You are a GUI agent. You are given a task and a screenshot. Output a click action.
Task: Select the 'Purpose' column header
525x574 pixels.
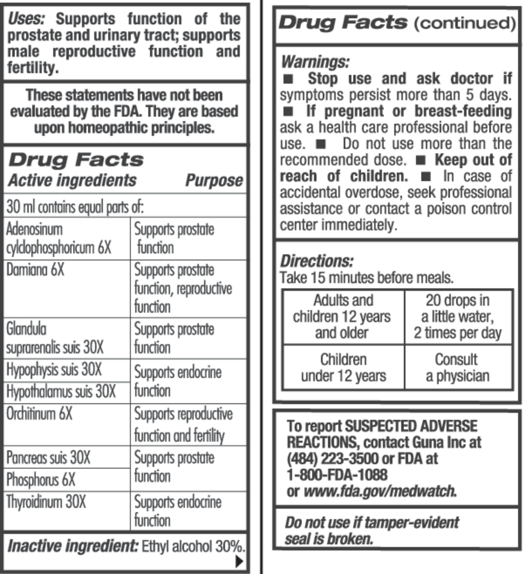[214, 180]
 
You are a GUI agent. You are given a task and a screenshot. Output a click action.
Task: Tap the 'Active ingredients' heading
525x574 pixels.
[72, 180]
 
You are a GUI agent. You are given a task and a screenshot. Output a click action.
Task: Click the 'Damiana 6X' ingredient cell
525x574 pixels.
[35, 269]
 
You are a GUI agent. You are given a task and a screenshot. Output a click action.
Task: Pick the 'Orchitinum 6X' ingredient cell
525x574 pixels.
[40, 414]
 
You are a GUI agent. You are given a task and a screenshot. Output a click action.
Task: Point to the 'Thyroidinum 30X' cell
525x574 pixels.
[46, 502]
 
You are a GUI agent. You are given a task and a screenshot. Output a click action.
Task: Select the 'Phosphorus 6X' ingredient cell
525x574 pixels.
[41, 479]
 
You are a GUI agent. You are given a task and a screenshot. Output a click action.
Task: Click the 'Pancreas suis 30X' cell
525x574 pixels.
[48, 457]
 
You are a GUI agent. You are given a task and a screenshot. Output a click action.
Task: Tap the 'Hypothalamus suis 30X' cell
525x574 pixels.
[61, 391]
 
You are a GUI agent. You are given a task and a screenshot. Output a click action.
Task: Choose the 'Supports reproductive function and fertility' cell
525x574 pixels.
[183, 425]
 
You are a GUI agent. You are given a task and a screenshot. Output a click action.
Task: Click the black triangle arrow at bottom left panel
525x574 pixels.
[240, 561]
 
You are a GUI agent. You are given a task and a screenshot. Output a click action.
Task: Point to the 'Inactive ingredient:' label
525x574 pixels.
[72, 545]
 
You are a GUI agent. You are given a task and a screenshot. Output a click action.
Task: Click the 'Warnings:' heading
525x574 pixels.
[315, 61]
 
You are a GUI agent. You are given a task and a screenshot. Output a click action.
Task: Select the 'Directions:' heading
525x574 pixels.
[316, 261]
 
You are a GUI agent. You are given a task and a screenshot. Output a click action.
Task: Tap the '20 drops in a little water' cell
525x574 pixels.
[458, 316]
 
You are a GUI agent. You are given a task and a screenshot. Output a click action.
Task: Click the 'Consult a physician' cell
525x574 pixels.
[457, 367]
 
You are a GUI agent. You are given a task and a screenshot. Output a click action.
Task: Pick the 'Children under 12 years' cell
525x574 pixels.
[343, 367]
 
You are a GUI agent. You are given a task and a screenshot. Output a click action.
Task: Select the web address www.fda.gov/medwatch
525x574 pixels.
[379, 491]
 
